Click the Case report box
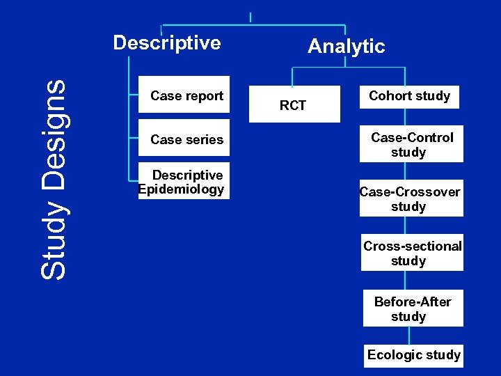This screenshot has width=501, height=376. pos(184,95)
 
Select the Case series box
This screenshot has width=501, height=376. pos(184,139)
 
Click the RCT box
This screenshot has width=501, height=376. pos(292,105)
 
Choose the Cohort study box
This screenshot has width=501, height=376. pos(409,96)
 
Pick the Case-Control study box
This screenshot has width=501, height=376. pos(411,145)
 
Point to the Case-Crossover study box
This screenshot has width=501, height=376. pos(411,199)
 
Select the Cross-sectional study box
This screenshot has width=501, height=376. pos(412,253)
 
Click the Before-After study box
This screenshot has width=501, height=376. pos(413,308)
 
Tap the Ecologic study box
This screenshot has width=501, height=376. pos(413,355)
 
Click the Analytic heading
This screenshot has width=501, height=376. pos(346,47)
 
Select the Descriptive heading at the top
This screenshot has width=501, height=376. pos(167,43)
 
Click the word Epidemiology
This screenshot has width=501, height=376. pos(182,189)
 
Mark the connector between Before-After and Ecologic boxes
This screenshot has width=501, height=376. pos(410,335)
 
